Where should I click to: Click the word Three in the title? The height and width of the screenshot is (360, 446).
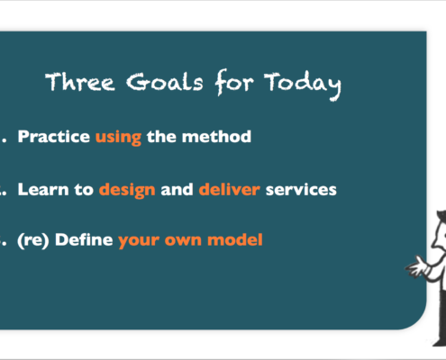point(80,82)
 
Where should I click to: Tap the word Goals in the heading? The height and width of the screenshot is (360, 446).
point(165,82)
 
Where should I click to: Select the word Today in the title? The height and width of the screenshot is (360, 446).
point(303,85)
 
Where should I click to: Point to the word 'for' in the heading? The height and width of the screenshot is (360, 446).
point(234,82)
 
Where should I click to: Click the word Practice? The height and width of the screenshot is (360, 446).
point(54,137)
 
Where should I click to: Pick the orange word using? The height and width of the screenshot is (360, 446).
point(118,138)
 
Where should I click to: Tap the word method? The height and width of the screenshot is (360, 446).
point(216,137)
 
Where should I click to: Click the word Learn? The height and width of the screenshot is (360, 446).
point(43,190)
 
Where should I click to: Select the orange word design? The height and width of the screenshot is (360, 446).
point(127,191)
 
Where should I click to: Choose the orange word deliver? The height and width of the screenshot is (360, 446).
point(230,189)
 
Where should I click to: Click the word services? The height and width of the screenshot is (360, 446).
point(301,190)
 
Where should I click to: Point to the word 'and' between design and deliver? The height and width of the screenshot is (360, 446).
point(177,189)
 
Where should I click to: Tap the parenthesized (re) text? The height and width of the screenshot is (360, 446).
point(33,240)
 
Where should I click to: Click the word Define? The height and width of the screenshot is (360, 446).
point(84,239)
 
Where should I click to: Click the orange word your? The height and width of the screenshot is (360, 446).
point(139,242)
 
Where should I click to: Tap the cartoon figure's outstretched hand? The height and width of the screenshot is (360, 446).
point(415,265)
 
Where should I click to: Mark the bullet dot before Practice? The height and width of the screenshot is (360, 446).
point(4,141)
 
